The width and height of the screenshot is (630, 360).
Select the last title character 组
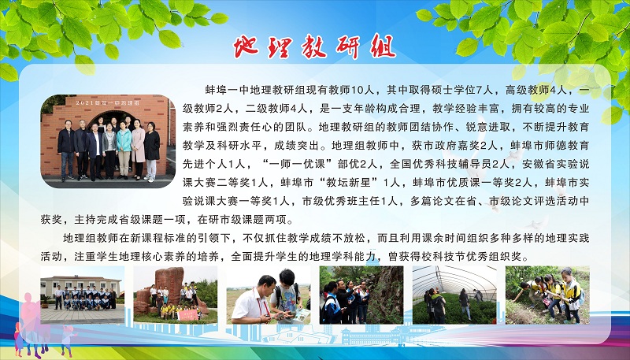pos(382,46)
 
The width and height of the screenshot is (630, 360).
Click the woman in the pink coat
pos(139,149)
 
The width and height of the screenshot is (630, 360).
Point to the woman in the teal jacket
pos(124,150)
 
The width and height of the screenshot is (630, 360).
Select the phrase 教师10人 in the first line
pos(329,90)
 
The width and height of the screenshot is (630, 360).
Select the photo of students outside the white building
pos(83,295)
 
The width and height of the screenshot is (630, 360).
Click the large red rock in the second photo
pos(169,284)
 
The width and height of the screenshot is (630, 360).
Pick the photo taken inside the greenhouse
pos(454,295)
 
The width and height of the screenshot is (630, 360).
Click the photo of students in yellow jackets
pos(547,295)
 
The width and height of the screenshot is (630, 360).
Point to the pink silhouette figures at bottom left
pos(32,321)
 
